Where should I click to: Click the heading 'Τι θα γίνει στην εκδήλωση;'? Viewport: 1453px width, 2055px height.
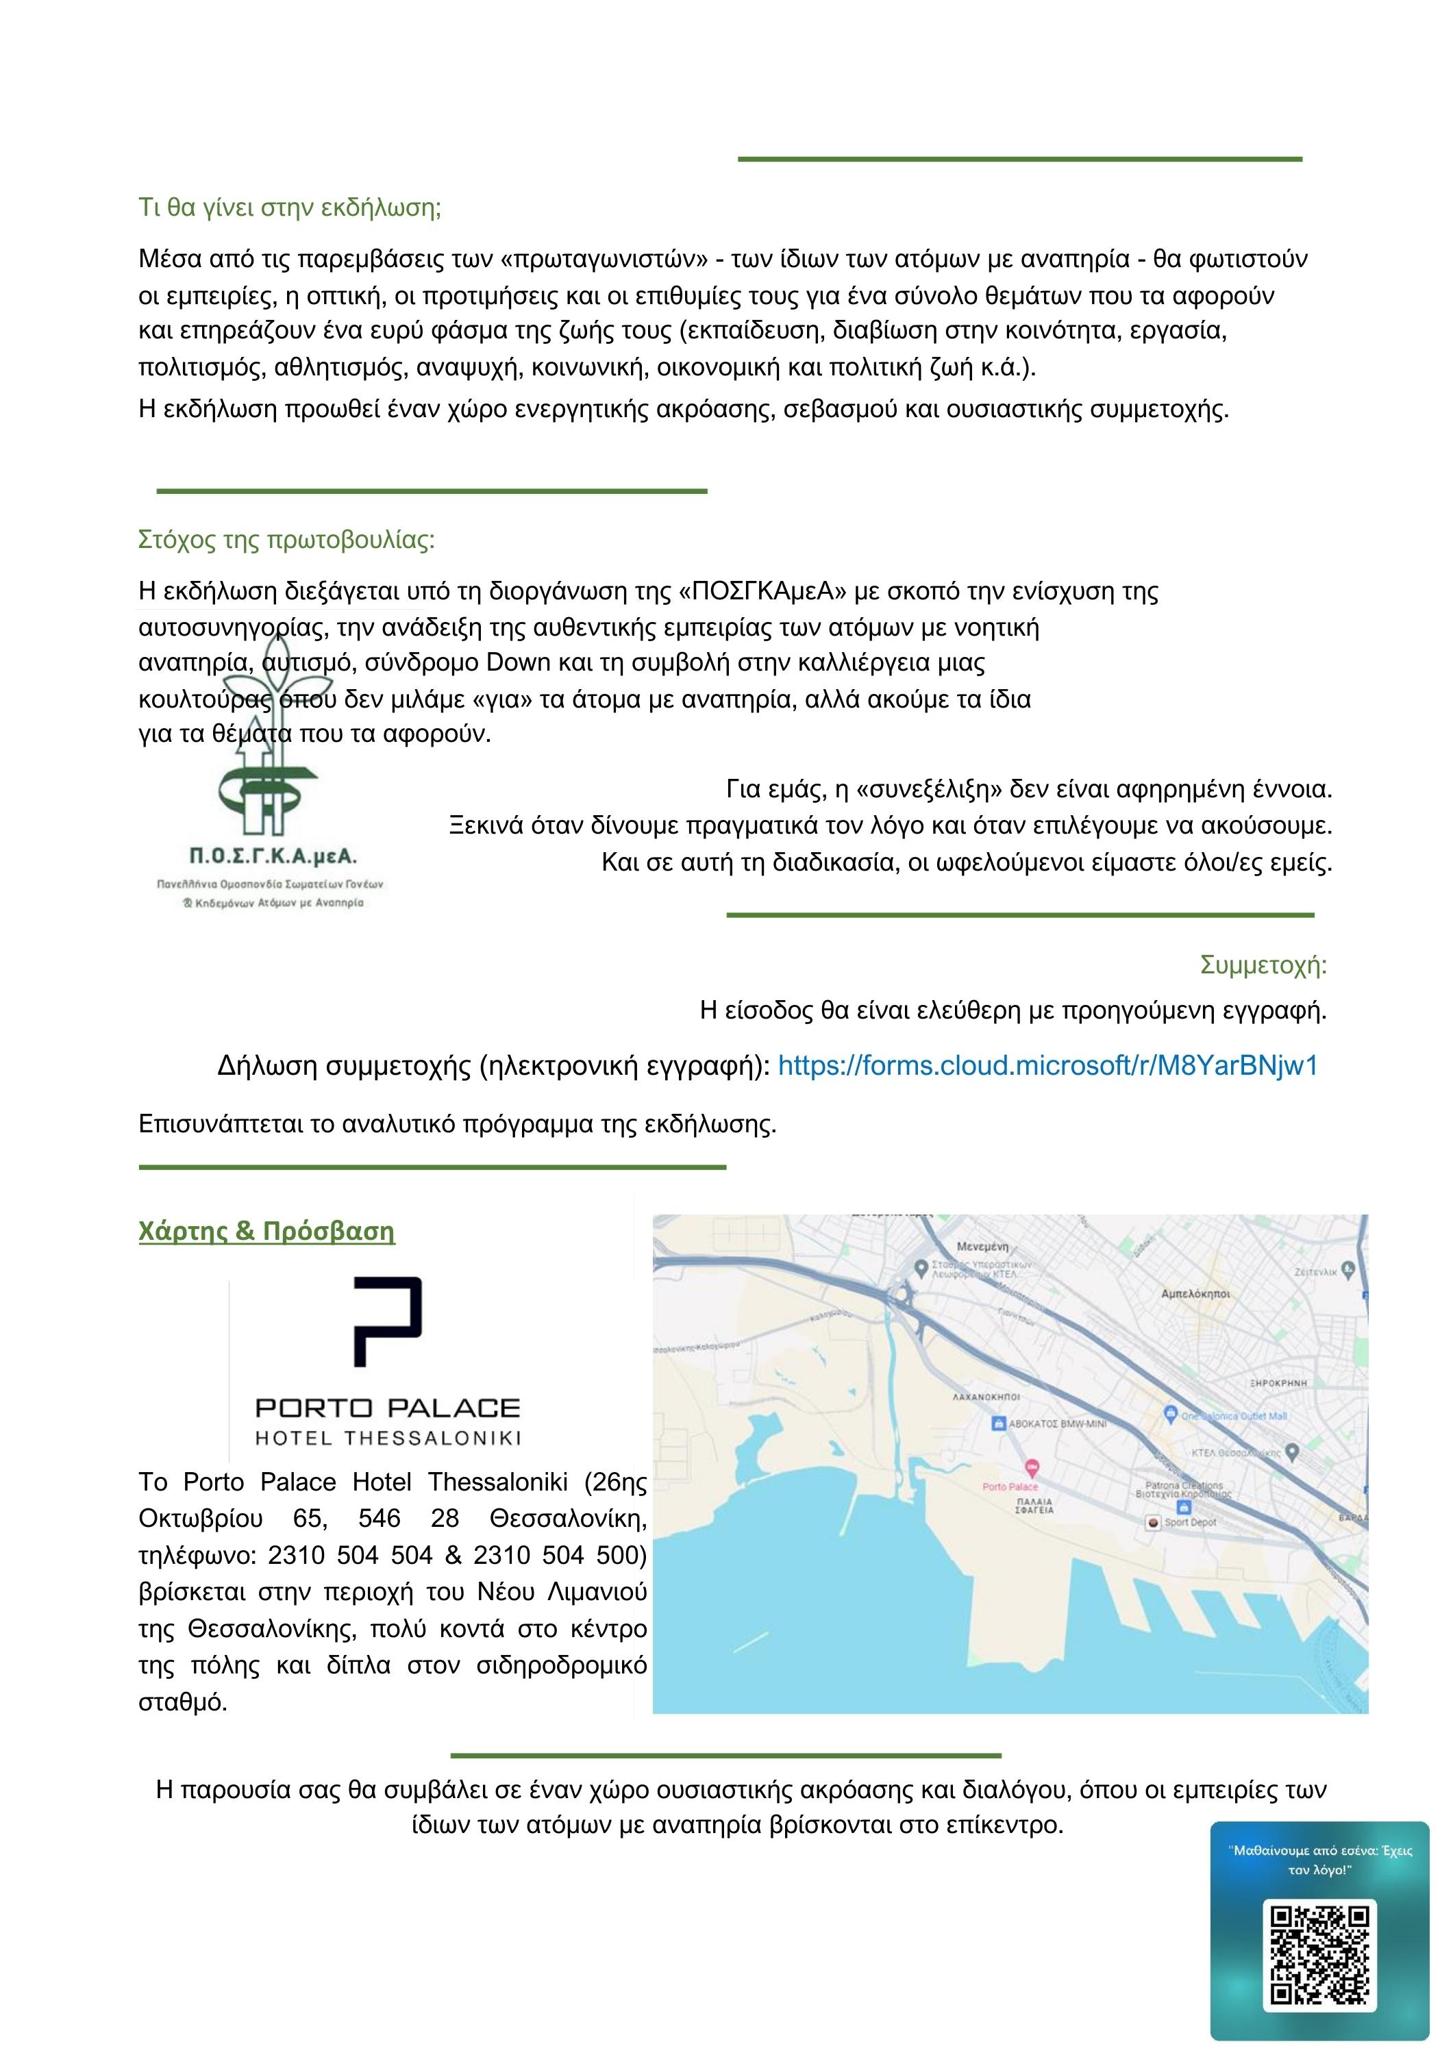pos(290,208)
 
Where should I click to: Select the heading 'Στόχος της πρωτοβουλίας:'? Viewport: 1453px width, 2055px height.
pos(286,540)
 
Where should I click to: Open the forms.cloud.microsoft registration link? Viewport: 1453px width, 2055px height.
pos(1047,1066)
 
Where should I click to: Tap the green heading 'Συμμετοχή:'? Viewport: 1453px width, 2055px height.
pos(1263,966)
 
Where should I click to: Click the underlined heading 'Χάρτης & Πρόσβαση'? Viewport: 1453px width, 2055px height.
pos(266,1232)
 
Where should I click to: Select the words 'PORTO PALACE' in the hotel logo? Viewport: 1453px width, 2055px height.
pos(388,1408)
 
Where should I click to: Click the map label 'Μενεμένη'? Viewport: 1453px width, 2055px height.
pos(983,1246)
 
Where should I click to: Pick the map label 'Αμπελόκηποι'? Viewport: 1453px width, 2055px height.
pos(1195,1293)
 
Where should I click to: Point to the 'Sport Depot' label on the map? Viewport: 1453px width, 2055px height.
pos(1190,1521)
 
